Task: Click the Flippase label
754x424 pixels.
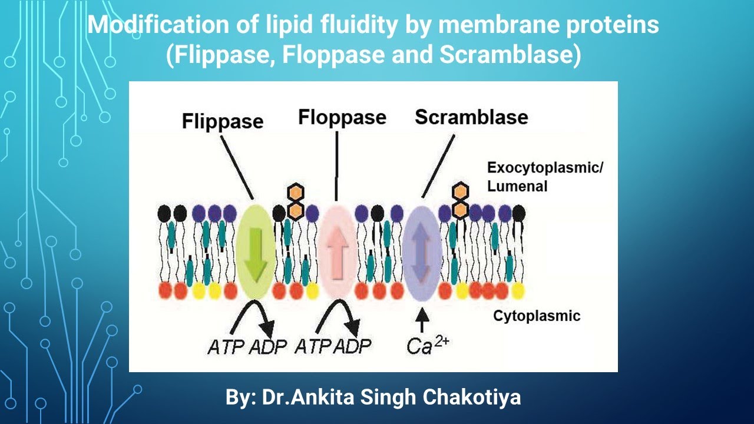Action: click(x=222, y=122)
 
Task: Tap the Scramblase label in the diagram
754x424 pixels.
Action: click(x=471, y=117)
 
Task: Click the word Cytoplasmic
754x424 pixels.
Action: click(x=536, y=316)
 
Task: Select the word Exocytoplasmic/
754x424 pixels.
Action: click(x=545, y=168)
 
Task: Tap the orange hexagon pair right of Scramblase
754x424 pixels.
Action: click(x=459, y=200)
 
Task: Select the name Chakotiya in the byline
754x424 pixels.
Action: click(x=472, y=397)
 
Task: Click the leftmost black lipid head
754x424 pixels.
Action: click(x=164, y=212)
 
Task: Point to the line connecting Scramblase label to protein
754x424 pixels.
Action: click(x=438, y=165)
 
